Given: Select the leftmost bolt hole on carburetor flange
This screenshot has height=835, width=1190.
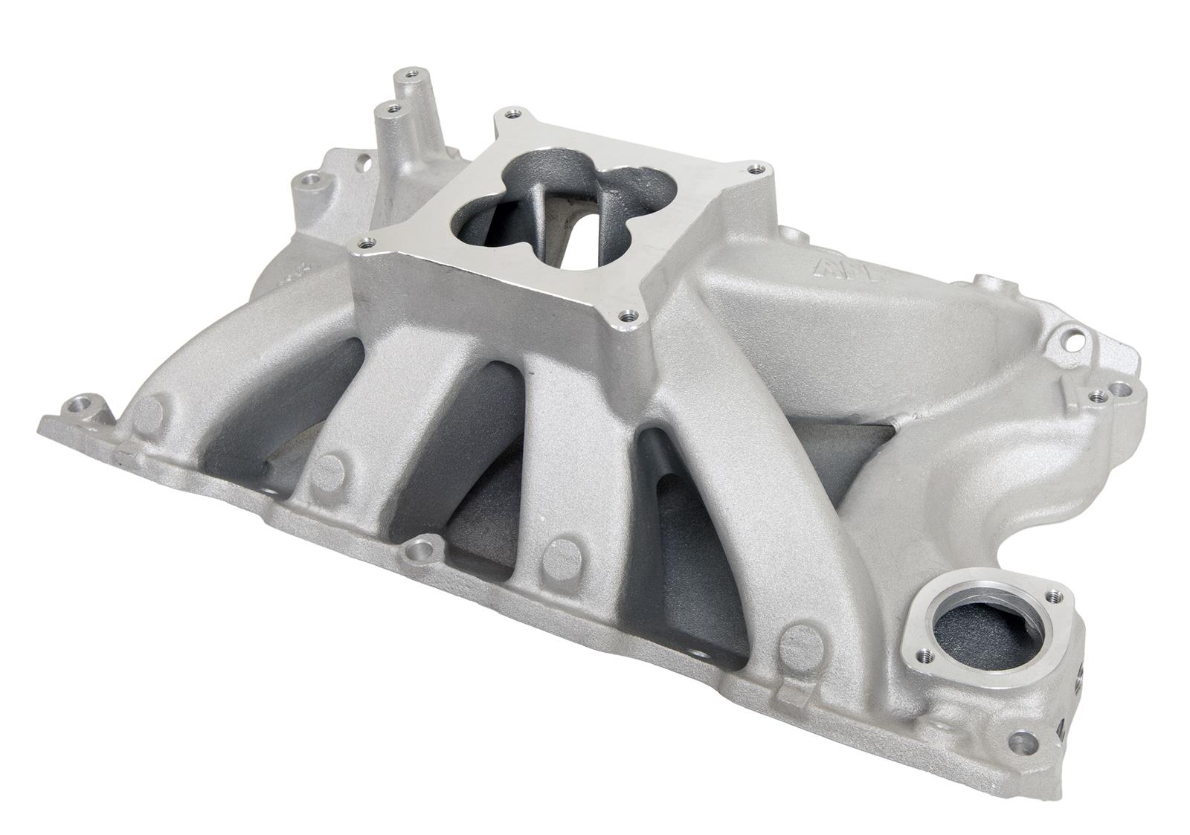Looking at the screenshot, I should tap(364, 242).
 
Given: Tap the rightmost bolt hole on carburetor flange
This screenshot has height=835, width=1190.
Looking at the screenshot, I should tap(756, 168).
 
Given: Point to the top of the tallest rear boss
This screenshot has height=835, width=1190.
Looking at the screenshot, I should tap(408, 74).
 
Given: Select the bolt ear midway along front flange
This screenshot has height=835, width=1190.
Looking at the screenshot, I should tap(421, 551).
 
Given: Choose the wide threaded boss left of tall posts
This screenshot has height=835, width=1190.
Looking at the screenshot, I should tap(309, 181).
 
